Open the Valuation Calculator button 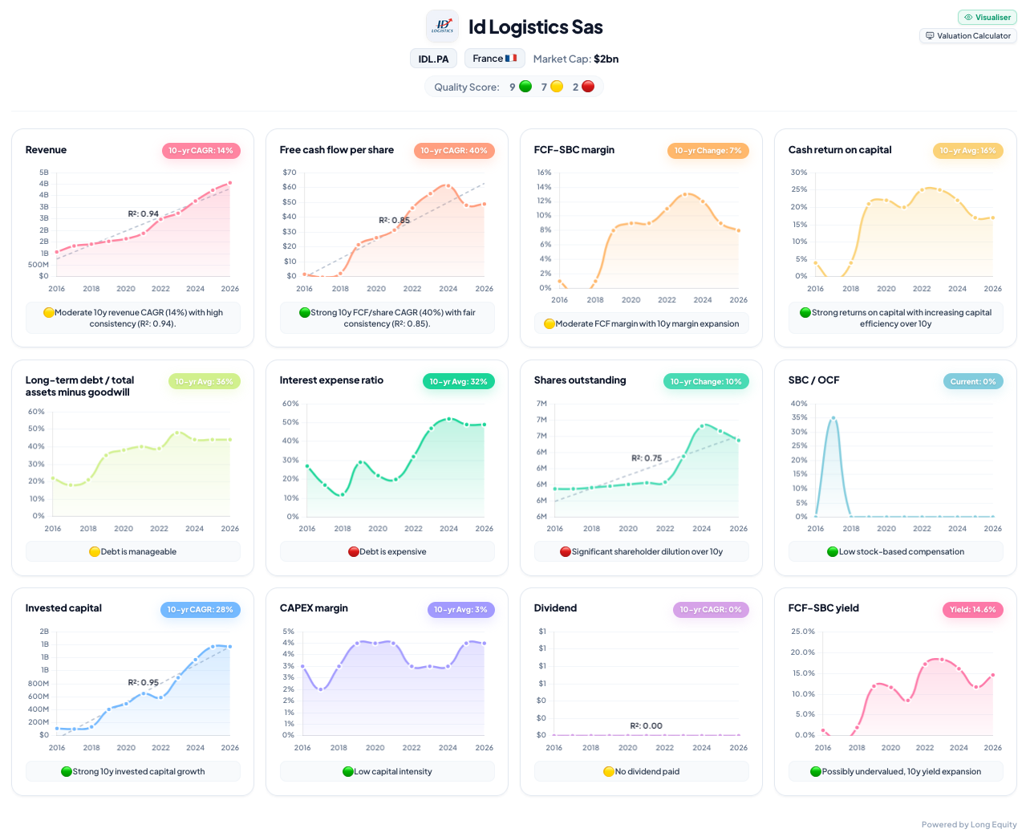coord(967,36)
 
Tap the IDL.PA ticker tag coord(433,59)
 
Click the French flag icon coord(511,58)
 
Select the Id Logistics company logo coord(442,26)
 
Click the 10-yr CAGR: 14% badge coord(201,150)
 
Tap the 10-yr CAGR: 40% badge coord(453,150)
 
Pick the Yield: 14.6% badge coord(972,609)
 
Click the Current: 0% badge coord(972,381)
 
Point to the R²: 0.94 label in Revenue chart coord(143,213)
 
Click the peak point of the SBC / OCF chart coord(833,417)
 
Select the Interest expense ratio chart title coord(331,380)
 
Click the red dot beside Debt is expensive coord(354,551)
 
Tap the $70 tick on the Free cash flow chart coord(289,173)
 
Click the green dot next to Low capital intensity coord(347,771)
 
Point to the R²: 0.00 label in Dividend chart coord(646,725)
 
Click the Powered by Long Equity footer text coord(968,824)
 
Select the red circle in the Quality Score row coord(587,87)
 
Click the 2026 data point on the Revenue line coord(229,183)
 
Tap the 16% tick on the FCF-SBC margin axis coord(544,173)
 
